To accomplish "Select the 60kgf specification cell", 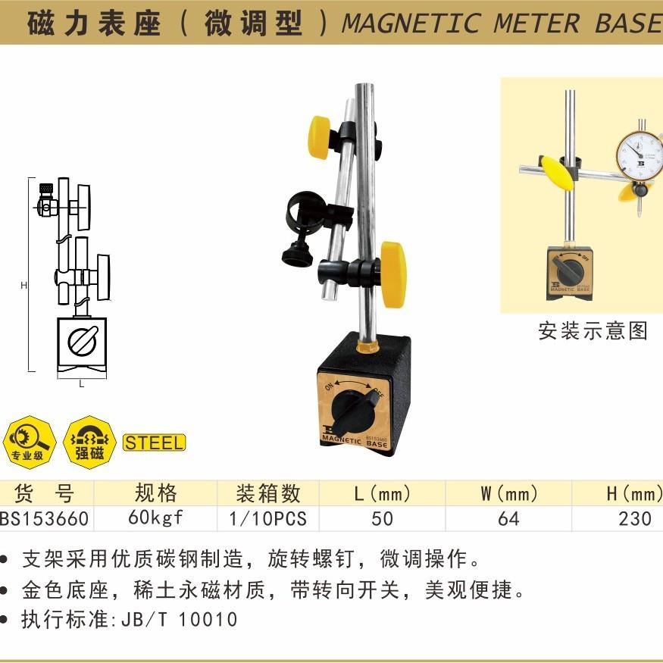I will (x=155, y=518).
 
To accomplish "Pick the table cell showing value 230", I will (x=634, y=518).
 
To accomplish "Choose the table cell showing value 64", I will (x=508, y=518).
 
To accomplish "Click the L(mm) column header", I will (x=383, y=495).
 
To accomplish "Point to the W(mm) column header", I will (x=508, y=495).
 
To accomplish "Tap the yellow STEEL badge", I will (x=154, y=443).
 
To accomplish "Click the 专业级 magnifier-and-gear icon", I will (x=28, y=443).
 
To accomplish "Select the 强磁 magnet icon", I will (x=89, y=443).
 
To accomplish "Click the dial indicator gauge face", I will (x=640, y=154).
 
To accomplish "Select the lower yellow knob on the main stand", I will (x=392, y=274).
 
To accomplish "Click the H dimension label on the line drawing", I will (x=23, y=286).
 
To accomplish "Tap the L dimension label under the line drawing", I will (x=82, y=383).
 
